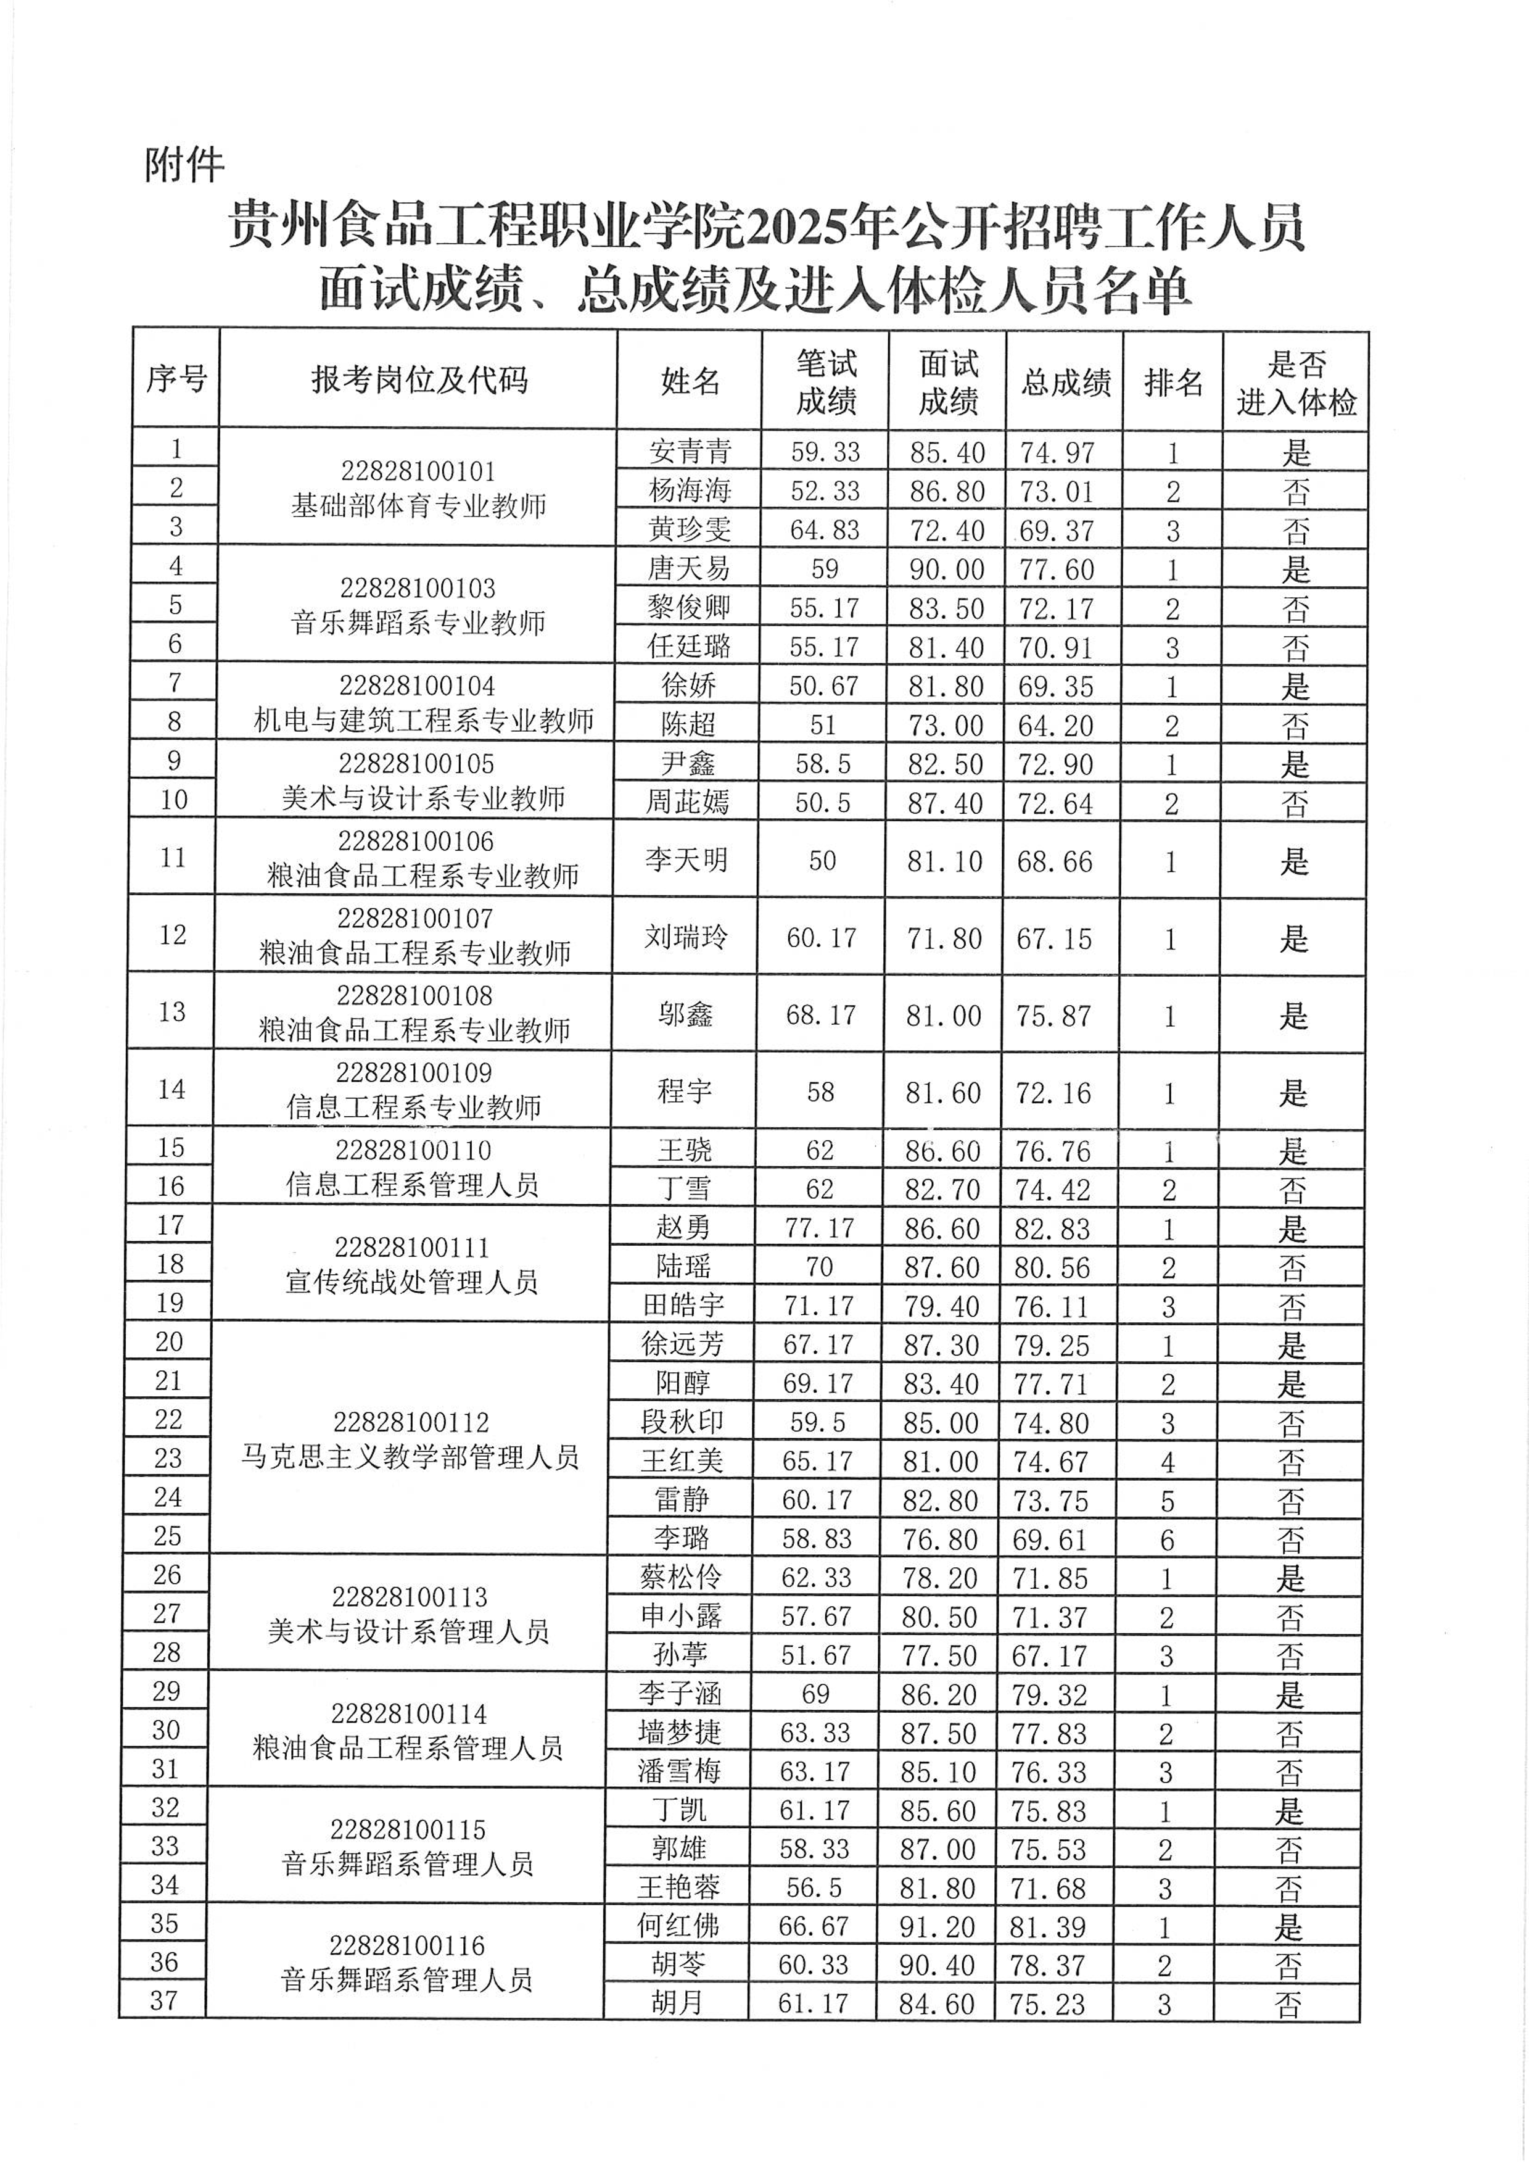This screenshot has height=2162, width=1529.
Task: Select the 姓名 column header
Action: coord(690,381)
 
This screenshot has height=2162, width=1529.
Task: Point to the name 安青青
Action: coord(690,452)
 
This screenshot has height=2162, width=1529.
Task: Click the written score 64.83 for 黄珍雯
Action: coord(825,530)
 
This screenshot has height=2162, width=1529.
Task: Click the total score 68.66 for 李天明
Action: coord(1055,861)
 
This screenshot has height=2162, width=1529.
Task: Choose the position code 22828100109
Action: coord(414,1074)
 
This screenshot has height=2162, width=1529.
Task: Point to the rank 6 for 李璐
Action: coord(1168,1539)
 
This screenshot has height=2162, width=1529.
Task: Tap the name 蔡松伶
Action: coord(681,1577)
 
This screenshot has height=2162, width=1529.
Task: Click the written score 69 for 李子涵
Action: coord(815,1694)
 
